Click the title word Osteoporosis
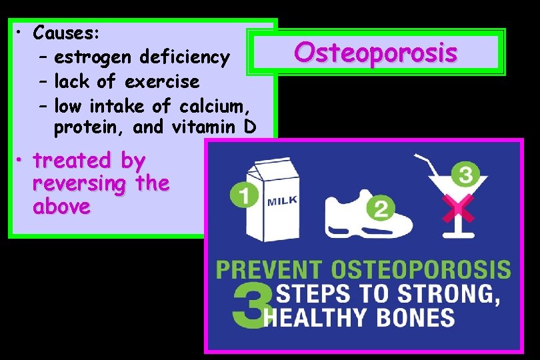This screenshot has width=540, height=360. (x=376, y=52)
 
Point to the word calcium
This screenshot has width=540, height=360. (x=222, y=105)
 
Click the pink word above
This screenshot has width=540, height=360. (x=61, y=206)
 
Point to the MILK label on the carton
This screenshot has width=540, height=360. (x=283, y=200)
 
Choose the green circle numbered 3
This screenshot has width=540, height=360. (x=466, y=175)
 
